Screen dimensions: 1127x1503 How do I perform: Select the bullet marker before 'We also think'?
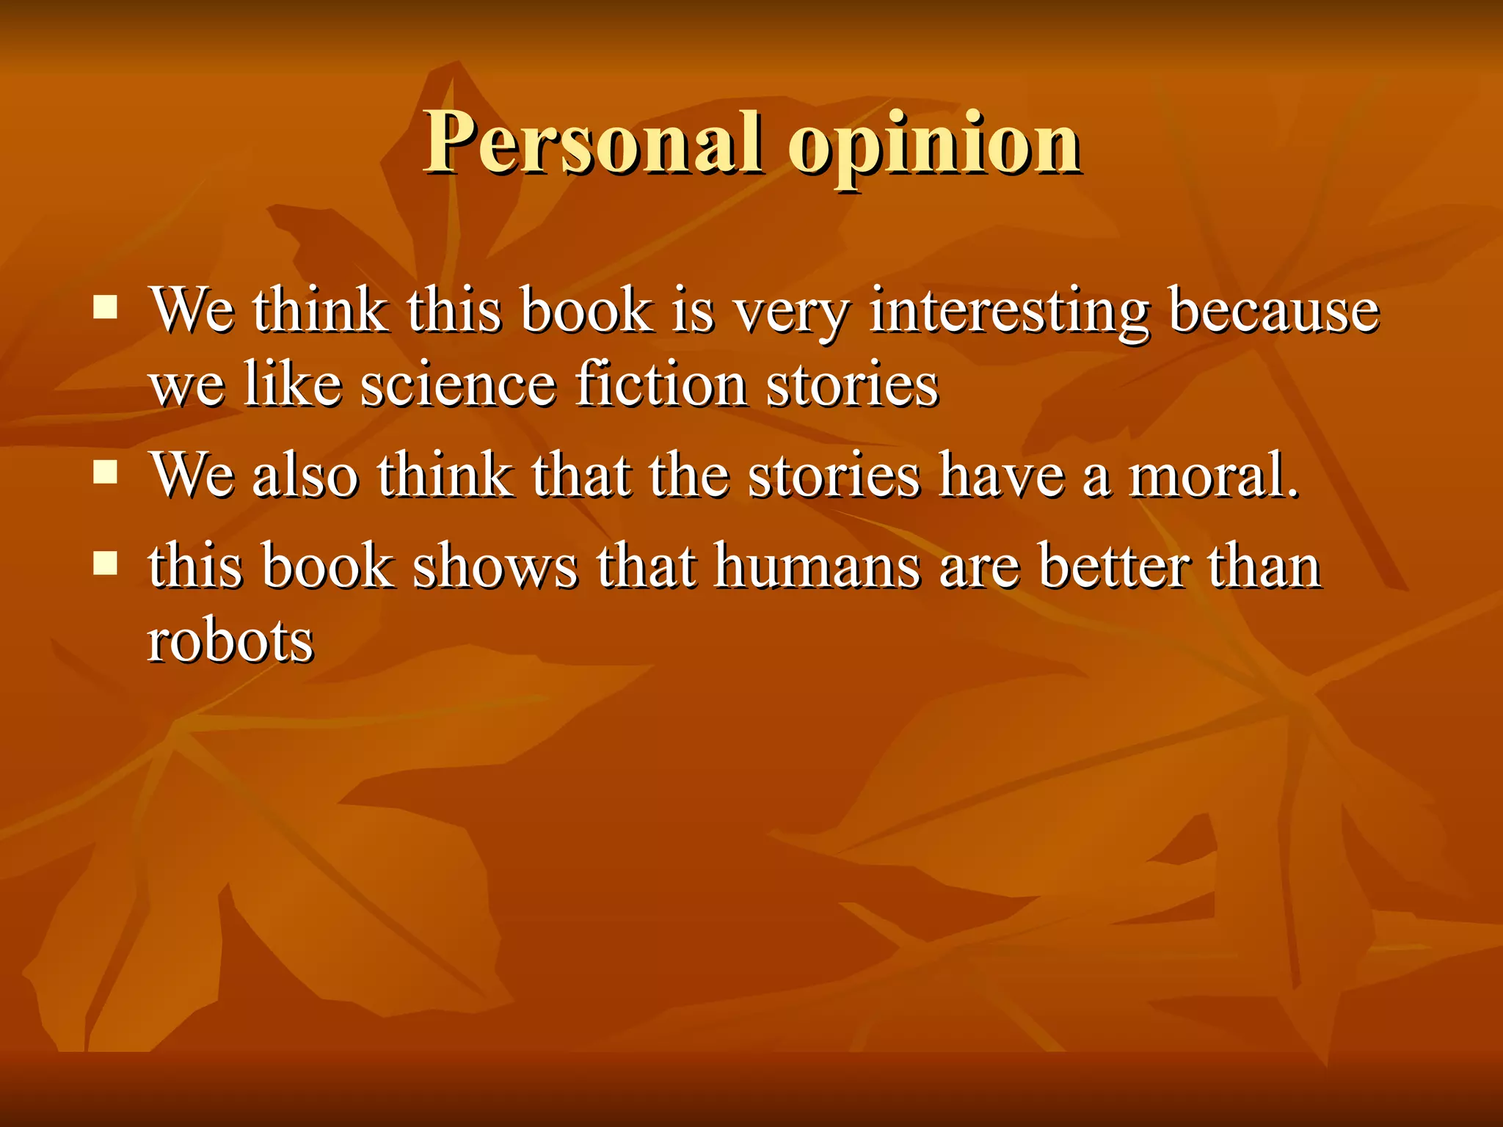click(106, 473)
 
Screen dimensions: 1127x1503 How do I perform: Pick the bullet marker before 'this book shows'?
click(106, 563)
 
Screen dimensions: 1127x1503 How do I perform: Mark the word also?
click(305, 475)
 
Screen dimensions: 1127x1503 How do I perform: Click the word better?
click(1114, 566)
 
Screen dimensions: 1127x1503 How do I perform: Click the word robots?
click(230, 641)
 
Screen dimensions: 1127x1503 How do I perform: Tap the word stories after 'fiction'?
click(852, 384)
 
